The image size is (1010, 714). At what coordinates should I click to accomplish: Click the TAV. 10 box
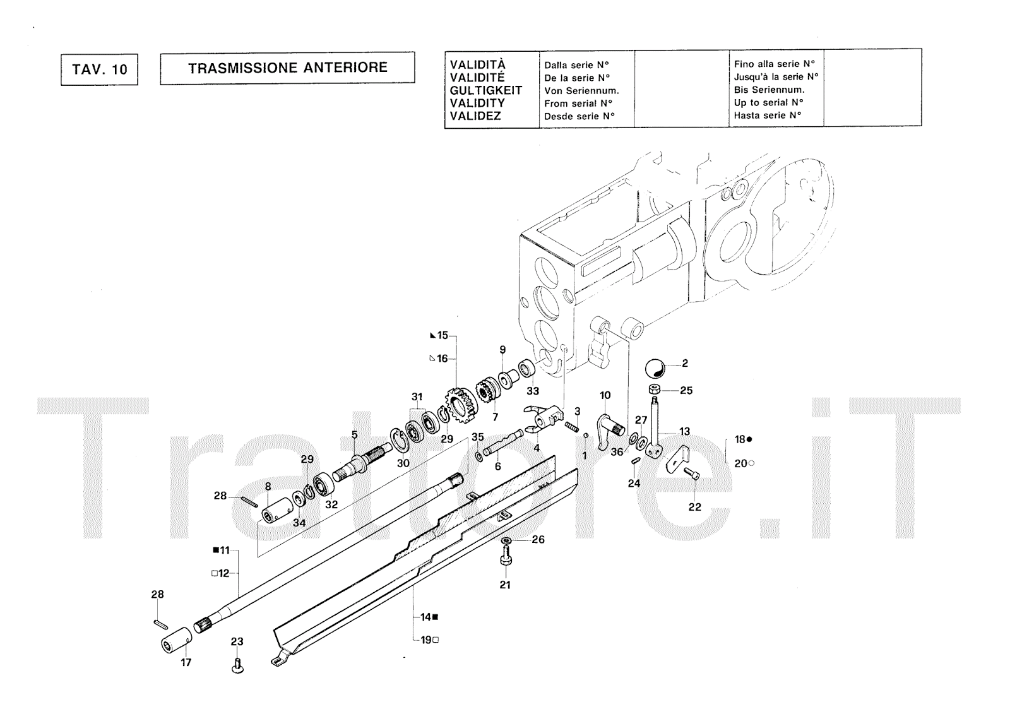point(99,69)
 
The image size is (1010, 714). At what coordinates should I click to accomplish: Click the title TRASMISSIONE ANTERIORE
point(287,68)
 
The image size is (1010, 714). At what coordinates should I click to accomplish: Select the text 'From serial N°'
point(579,104)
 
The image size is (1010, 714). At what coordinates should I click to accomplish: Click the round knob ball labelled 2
point(655,367)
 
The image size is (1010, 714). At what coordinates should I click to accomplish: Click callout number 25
point(686,391)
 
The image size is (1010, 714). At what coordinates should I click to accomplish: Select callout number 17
point(186,662)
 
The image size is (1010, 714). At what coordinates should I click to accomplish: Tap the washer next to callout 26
point(506,541)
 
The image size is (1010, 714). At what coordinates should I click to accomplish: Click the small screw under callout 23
point(237,665)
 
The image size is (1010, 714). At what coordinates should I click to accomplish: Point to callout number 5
point(354,434)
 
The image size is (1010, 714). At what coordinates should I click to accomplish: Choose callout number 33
point(533,391)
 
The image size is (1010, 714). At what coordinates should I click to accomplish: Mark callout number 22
point(694,507)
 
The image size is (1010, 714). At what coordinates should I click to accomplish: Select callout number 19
point(426,640)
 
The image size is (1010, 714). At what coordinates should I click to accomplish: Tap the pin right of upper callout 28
point(248,501)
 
